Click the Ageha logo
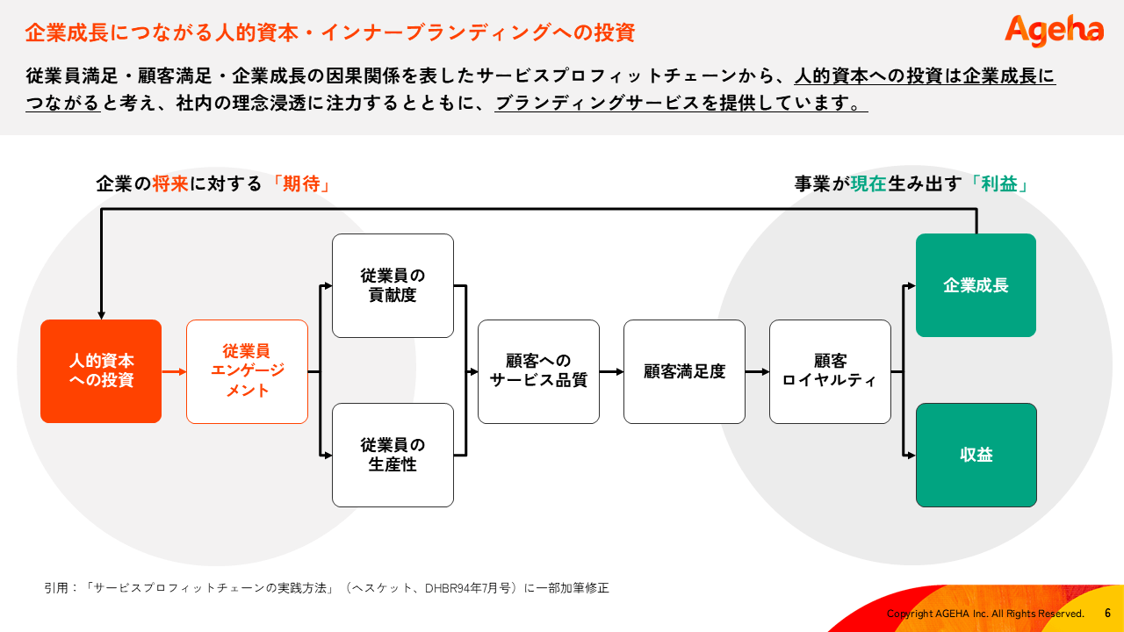(x=1054, y=31)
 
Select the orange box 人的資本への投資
(x=101, y=371)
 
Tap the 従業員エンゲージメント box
(x=247, y=371)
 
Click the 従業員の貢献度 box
(x=393, y=285)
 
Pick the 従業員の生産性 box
(x=393, y=455)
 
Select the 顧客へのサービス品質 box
(x=538, y=371)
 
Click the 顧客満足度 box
(x=684, y=371)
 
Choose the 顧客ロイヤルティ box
(x=830, y=371)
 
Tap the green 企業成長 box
(x=976, y=285)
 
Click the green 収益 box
(x=976, y=455)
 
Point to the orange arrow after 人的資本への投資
(x=174, y=371)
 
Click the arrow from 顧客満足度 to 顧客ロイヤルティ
(x=757, y=371)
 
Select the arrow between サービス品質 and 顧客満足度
(x=611, y=371)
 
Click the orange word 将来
(x=170, y=184)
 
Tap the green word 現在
(x=868, y=184)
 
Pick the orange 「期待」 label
(x=300, y=184)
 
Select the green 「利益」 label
(x=998, y=184)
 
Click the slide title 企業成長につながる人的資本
(x=329, y=33)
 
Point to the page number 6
(x=1107, y=614)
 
